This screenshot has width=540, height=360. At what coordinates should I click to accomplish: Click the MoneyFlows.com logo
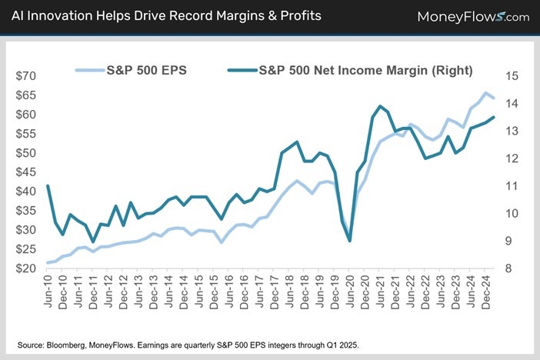(x=473, y=16)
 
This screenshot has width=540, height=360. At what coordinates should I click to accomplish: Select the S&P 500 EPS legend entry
(x=146, y=70)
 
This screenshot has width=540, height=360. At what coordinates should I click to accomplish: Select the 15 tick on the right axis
(x=511, y=75)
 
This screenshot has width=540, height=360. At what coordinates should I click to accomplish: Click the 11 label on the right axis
(x=511, y=185)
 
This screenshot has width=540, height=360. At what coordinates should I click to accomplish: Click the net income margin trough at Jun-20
(x=350, y=241)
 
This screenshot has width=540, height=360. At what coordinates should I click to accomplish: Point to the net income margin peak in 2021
(x=380, y=106)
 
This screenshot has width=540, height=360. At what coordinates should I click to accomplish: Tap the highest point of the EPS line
(x=485, y=93)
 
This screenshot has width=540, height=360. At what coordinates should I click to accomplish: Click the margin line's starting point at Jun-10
(x=48, y=185)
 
